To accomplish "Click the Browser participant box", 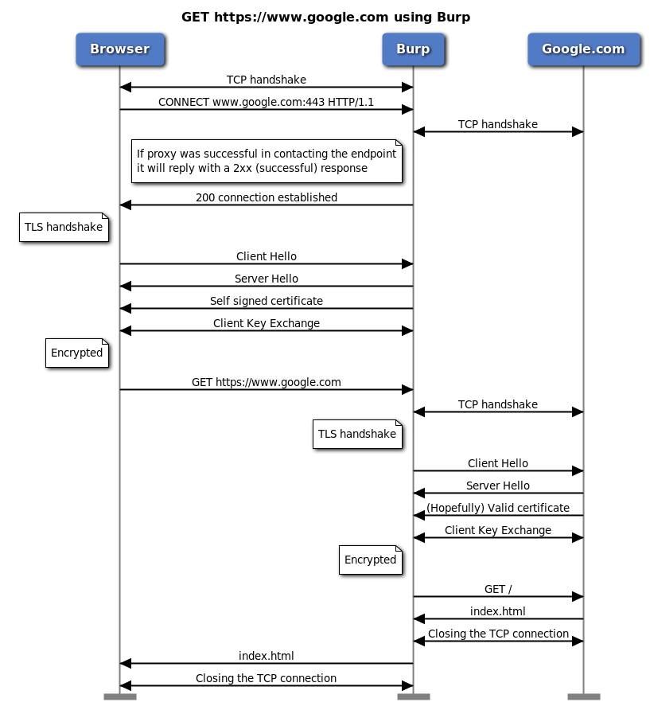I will click(x=119, y=49).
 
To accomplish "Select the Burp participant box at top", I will click(x=413, y=49).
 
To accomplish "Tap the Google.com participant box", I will click(x=583, y=49).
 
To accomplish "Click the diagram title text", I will click(x=325, y=17).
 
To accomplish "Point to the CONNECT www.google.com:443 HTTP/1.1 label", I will click(x=266, y=102).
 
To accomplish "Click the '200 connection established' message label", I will click(x=266, y=197).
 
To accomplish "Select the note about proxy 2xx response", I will click(x=267, y=161).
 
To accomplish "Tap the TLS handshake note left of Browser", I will click(x=64, y=227).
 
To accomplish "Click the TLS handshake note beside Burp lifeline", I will click(x=356, y=434).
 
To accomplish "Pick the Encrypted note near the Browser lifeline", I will click(x=76, y=353).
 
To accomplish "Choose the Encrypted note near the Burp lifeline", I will click(x=370, y=560).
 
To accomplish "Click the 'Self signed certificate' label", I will click(x=266, y=301).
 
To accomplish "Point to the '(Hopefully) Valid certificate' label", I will click(x=498, y=508).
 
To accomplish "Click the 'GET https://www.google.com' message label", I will click(x=266, y=382).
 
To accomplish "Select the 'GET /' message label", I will click(x=498, y=589).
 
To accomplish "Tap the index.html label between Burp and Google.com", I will click(x=498, y=611).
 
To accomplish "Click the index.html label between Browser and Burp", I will click(x=266, y=656).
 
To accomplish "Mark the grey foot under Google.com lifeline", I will click(x=583, y=696).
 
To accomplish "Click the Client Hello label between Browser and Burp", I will click(x=266, y=256).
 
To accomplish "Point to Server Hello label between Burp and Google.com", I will click(x=498, y=486).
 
